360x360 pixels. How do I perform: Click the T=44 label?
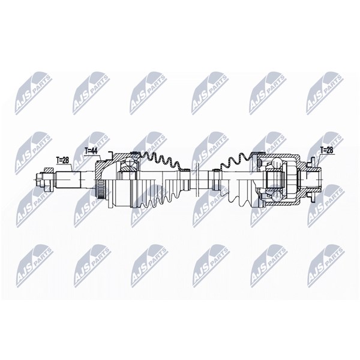[91, 151]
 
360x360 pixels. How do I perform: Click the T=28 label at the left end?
[62, 160]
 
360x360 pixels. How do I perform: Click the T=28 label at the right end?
[326, 151]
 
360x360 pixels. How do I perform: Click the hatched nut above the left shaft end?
[49, 170]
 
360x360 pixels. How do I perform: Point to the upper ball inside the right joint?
[277, 163]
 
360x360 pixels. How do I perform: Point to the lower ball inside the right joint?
[277, 196]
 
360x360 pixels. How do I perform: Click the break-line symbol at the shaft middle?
[197, 179]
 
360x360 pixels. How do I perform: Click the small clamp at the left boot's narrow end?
[185, 170]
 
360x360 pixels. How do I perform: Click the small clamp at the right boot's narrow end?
[215, 170]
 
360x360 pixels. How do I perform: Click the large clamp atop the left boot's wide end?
[135, 152]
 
